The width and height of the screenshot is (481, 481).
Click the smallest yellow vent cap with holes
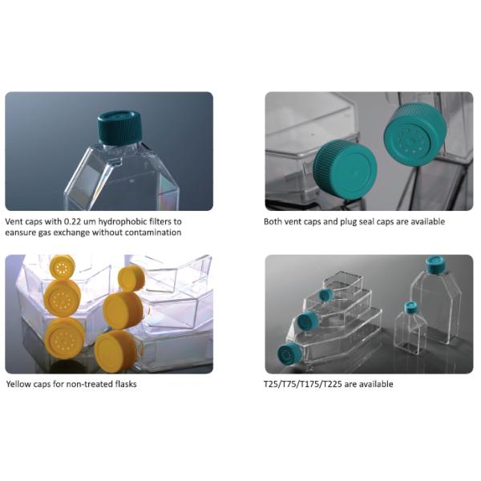61,265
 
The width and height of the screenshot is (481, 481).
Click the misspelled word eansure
22,233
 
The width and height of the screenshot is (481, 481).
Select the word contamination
154,233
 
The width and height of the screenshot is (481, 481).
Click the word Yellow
20,384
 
